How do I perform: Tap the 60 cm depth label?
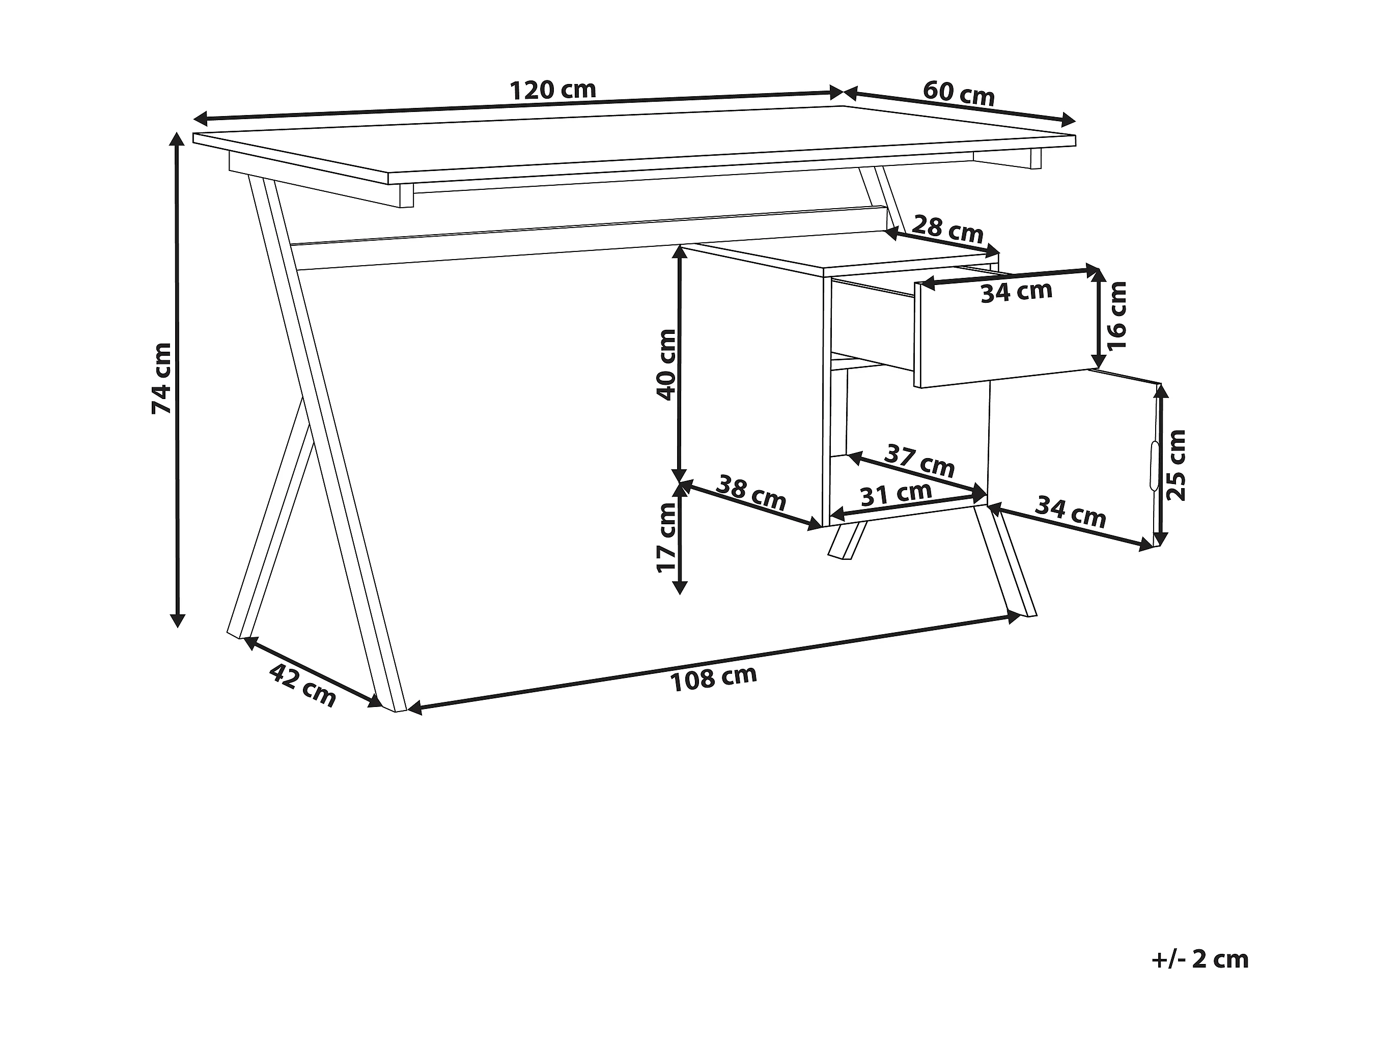(959, 94)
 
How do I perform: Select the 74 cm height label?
(162, 378)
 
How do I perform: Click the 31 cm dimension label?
(896, 494)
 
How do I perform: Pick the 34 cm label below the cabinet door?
(1070, 512)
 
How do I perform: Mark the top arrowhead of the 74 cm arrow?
(178, 138)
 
